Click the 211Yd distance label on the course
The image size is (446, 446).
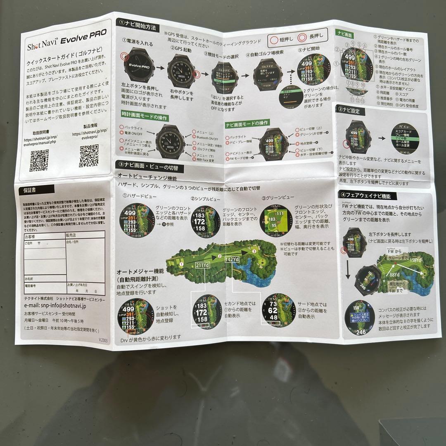click(203, 264)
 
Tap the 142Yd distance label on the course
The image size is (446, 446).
click(232, 259)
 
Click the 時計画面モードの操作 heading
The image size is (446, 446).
click(144, 117)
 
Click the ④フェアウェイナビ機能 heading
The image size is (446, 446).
click(362, 196)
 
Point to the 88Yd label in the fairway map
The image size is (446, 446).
click(394, 274)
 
